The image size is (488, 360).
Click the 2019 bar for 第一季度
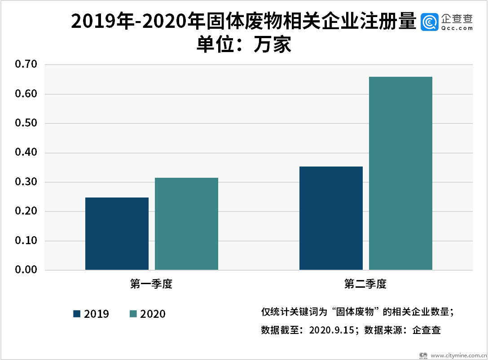[x=117, y=233]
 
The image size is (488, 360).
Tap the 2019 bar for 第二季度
[x=331, y=218]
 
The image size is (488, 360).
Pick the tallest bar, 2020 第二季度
[x=400, y=173]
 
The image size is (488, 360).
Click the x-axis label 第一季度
[x=151, y=284]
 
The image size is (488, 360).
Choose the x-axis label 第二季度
[x=365, y=284]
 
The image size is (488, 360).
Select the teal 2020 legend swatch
[x=133, y=314]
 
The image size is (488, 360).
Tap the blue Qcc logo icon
[x=430, y=22]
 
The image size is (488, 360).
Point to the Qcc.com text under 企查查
[x=457, y=28]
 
